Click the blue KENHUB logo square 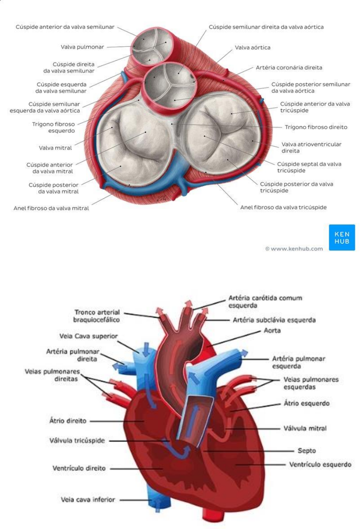click(x=342, y=237)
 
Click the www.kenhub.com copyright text click(x=294, y=249)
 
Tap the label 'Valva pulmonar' click(x=82, y=47)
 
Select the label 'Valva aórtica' click(x=252, y=47)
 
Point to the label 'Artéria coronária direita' click(x=289, y=67)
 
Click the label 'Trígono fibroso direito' click(x=316, y=127)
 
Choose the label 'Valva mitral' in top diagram click(x=55, y=148)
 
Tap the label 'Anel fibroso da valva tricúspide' click(x=283, y=207)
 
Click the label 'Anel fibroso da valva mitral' click(x=51, y=208)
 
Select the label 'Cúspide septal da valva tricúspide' click(x=309, y=167)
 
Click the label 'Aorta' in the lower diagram click(x=272, y=331)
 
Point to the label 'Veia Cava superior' click(x=88, y=336)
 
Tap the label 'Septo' click(x=307, y=450)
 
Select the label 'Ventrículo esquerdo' click(x=320, y=464)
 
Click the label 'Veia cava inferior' click(x=88, y=499)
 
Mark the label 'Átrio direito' click(x=68, y=420)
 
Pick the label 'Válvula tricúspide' click(x=77, y=440)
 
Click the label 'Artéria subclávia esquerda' click(x=274, y=320)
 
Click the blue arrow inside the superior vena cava click(x=146, y=350)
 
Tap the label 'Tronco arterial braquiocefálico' click(x=97, y=316)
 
